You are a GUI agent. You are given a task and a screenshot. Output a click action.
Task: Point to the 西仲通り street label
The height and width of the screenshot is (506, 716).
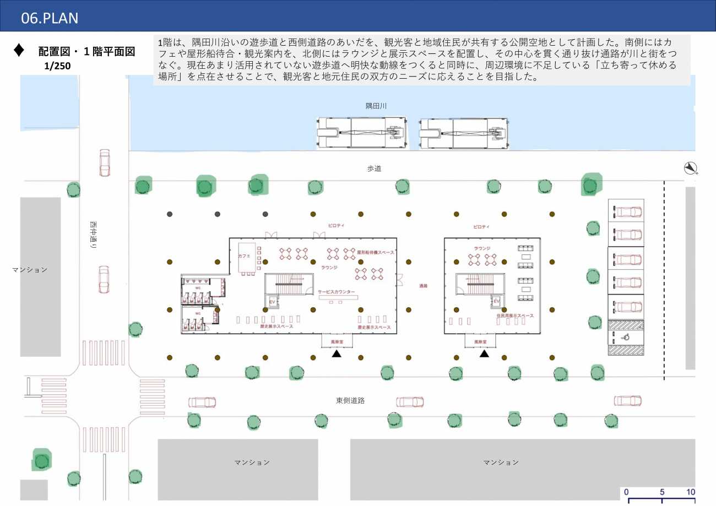(x=93, y=236)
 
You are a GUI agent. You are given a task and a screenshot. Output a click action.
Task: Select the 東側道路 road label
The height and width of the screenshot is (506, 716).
(x=350, y=401)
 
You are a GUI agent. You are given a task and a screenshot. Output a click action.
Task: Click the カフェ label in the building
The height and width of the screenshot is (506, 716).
(x=244, y=257)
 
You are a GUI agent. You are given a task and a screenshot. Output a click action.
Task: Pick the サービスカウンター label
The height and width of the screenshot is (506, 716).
(x=337, y=291)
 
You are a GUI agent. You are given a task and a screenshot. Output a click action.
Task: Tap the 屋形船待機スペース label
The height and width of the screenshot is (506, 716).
(x=376, y=252)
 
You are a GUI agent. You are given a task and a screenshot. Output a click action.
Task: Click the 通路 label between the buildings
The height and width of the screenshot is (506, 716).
(x=423, y=286)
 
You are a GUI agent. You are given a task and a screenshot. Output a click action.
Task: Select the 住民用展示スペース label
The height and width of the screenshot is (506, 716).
(x=515, y=316)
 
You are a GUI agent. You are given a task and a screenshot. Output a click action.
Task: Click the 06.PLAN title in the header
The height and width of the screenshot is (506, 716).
(x=50, y=18)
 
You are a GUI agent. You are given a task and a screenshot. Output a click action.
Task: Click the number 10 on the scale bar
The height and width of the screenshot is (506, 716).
(x=690, y=492)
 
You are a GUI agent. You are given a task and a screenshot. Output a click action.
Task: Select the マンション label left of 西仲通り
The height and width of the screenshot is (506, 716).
(x=30, y=270)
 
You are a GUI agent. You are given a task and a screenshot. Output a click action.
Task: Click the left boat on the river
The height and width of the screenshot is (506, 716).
(x=362, y=133)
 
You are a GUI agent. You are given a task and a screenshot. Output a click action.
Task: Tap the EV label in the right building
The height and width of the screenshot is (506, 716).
(x=496, y=301)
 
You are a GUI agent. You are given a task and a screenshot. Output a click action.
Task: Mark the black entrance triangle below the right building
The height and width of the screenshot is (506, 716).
(x=484, y=353)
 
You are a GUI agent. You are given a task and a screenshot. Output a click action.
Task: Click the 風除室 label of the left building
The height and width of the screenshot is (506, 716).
(x=337, y=341)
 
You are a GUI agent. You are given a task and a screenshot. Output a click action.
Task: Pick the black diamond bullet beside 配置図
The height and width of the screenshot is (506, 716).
(x=19, y=50)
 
